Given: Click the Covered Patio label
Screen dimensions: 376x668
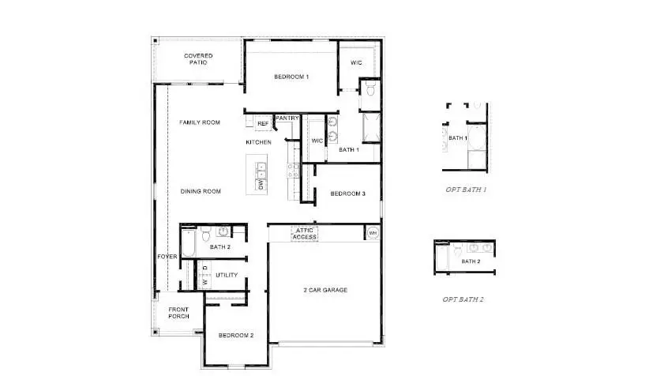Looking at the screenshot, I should click(x=197, y=58).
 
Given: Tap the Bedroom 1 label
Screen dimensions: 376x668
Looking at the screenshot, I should click(x=291, y=77).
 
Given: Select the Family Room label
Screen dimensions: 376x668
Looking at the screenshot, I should click(x=199, y=122).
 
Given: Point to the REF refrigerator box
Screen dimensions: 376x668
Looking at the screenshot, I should click(x=263, y=124).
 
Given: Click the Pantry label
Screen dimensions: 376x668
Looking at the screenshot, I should click(x=287, y=118).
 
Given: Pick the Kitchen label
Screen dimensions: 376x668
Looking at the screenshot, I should click(x=258, y=142).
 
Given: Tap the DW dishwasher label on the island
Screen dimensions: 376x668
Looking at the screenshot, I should click(x=260, y=185).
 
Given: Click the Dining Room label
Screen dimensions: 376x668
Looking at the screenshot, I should click(x=201, y=191).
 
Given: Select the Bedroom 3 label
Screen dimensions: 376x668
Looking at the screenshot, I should click(x=347, y=194).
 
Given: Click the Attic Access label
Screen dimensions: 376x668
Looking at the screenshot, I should click(x=304, y=234).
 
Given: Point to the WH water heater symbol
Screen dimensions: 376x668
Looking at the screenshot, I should click(x=372, y=233).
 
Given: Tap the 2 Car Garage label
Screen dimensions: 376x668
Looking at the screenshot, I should click(x=325, y=290).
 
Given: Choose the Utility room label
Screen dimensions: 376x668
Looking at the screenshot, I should click(x=227, y=275).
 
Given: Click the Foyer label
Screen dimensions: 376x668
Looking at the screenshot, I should click(x=167, y=257).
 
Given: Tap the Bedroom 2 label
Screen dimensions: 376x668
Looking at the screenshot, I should click(x=236, y=336).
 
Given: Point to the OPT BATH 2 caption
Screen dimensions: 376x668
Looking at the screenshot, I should click(x=463, y=299).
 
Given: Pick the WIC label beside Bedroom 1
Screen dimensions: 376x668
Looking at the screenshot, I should click(x=357, y=63).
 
